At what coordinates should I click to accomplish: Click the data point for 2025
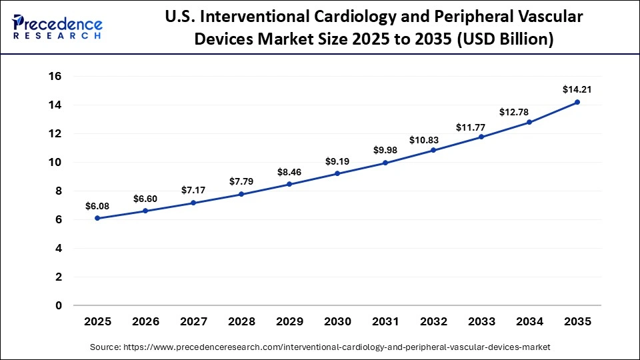pyautogui.click(x=97, y=218)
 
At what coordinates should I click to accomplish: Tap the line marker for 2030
pyautogui.click(x=337, y=173)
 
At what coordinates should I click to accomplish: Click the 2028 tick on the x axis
pyautogui.click(x=241, y=321)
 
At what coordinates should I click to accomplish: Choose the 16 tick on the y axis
pyautogui.click(x=55, y=77)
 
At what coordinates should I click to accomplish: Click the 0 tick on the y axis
pyautogui.click(x=59, y=306)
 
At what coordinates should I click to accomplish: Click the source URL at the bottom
pyautogui.click(x=319, y=347)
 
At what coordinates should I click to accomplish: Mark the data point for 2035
pyautogui.click(x=577, y=102)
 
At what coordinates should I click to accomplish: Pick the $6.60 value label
pyautogui.click(x=145, y=199)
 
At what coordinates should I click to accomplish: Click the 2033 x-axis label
pyautogui.click(x=481, y=321)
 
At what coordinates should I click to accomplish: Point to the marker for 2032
pyautogui.click(x=433, y=150)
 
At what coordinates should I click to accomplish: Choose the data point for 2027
pyautogui.click(x=193, y=203)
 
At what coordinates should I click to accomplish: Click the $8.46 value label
pyautogui.click(x=289, y=172)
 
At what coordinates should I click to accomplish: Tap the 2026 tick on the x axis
pyautogui.click(x=145, y=321)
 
